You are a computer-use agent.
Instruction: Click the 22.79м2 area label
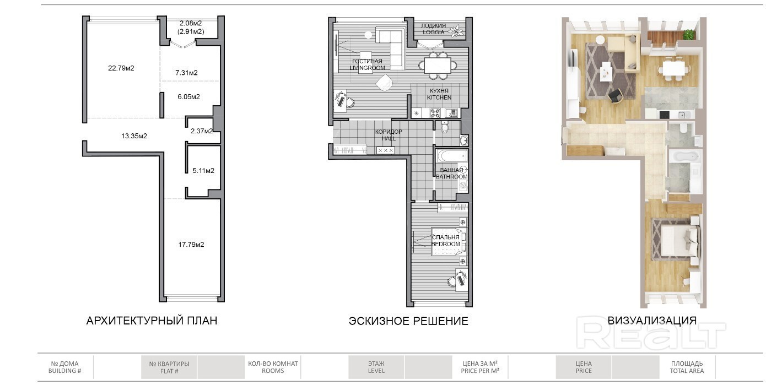click(121, 68)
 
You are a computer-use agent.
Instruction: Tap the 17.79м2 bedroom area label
click(191, 245)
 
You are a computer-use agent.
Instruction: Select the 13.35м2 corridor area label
click(134, 136)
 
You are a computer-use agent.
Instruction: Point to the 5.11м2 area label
click(203, 171)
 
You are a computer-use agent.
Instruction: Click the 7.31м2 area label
click(186, 73)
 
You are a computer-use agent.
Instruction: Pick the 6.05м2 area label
click(189, 97)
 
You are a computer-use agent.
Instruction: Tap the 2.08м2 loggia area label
click(191, 23)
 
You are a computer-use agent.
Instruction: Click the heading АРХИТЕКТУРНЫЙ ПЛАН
click(152, 321)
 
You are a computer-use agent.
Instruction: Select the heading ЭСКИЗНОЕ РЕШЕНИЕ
click(408, 321)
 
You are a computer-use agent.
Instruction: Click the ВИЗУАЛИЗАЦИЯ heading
click(652, 321)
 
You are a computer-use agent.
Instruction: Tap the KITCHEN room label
click(439, 97)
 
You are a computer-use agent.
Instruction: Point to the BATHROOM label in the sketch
click(451, 177)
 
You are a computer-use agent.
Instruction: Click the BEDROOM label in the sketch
click(446, 244)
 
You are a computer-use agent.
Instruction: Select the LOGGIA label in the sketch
click(433, 32)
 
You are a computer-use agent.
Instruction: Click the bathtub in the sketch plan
click(452, 156)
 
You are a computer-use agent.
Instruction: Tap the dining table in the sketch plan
click(438, 66)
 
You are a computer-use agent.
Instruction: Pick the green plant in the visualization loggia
click(689, 34)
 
